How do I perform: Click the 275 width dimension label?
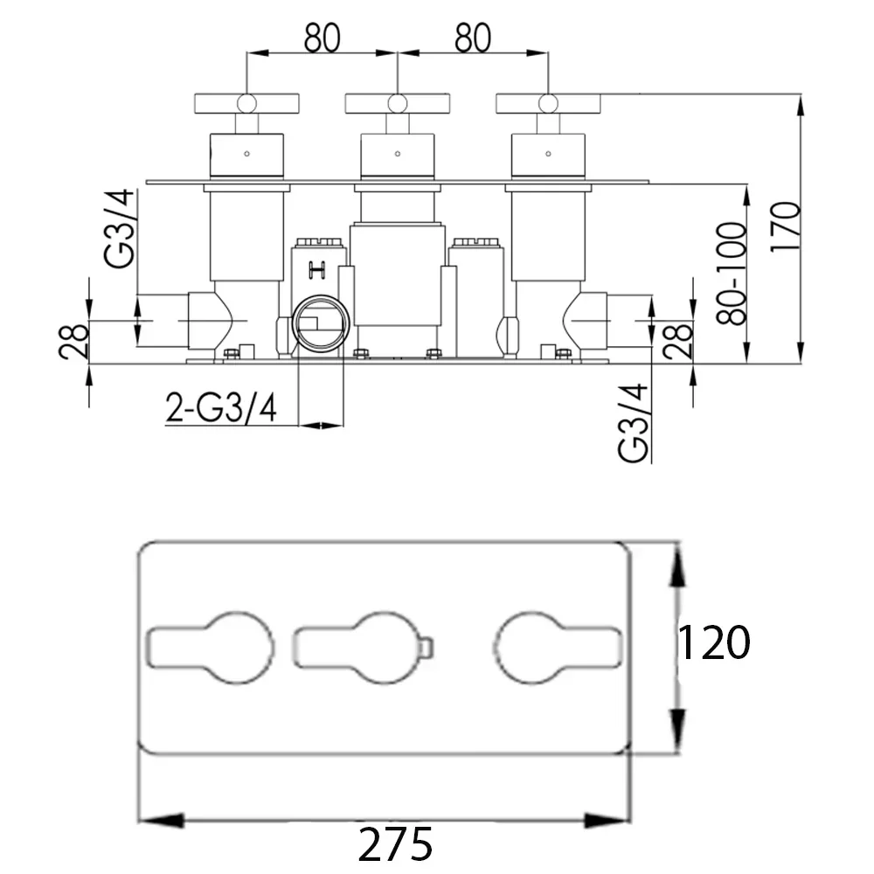pyautogui.click(x=395, y=844)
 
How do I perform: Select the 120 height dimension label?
pyautogui.click(x=713, y=642)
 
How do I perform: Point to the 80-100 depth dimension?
pyautogui.click(x=732, y=273)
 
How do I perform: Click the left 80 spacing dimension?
pyautogui.click(x=323, y=38)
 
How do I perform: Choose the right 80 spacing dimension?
pyautogui.click(x=473, y=38)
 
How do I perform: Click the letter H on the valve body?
pyautogui.click(x=316, y=270)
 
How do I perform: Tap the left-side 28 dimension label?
pyautogui.click(x=73, y=341)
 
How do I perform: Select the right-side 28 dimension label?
pyautogui.click(x=678, y=341)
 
